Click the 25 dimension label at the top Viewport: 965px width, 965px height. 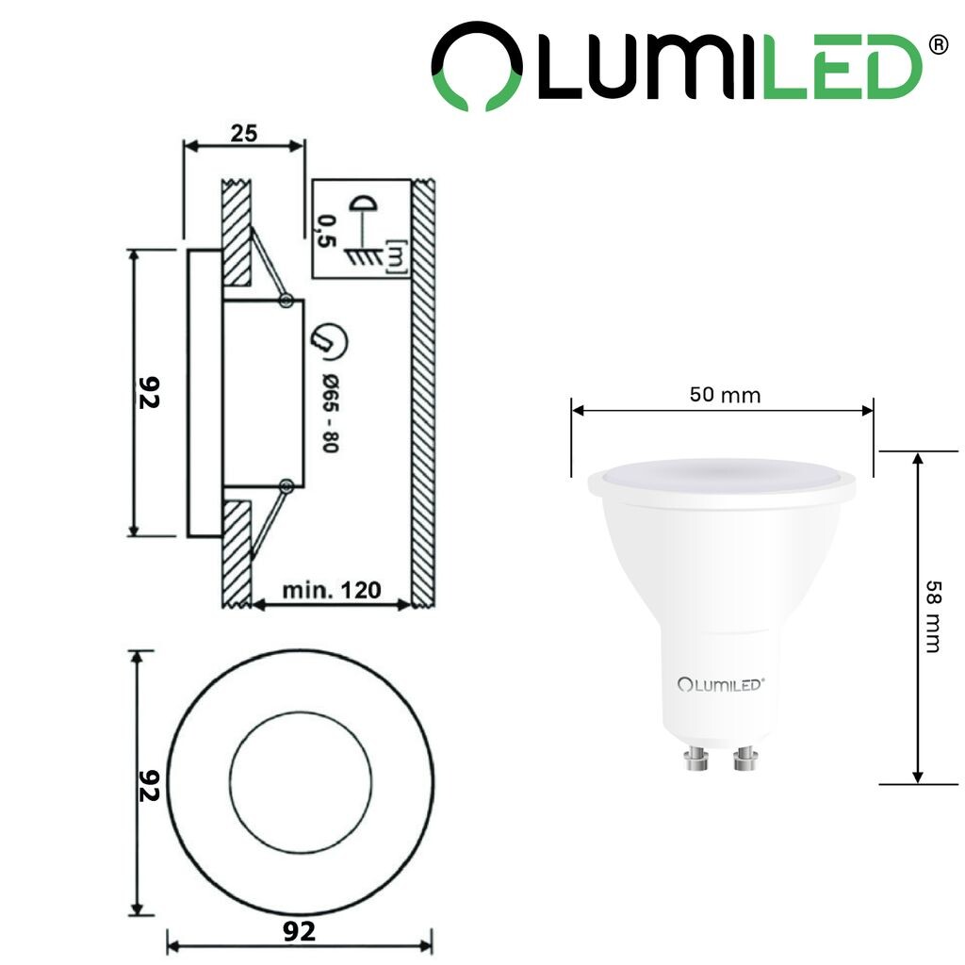[x=244, y=133]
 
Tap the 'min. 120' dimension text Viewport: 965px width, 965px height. [x=331, y=590]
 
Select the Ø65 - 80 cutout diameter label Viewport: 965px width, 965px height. [x=331, y=413]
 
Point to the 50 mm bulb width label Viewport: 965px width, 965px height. [x=725, y=395]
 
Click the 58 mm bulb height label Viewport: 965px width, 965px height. [x=933, y=616]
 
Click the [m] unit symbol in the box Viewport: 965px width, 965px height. [x=396, y=256]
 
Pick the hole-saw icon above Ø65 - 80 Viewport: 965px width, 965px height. [x=329, y=340]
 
